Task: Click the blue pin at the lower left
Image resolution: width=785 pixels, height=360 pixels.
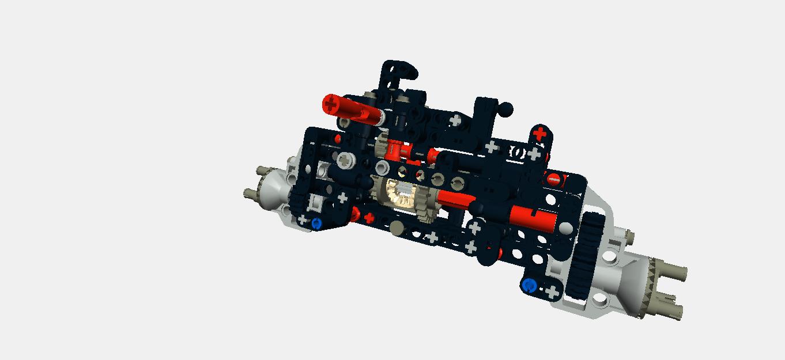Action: [316, 223]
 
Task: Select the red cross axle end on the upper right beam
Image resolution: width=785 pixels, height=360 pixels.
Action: [539, 134]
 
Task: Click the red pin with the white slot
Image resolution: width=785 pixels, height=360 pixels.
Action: [553, 179]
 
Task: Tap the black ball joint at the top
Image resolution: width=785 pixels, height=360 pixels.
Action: [505, 108]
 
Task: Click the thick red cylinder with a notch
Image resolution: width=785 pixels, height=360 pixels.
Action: [533, 218]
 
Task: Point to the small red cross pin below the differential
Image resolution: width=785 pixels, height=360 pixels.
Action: [369, 218]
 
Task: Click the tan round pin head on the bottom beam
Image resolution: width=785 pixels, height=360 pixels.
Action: [396, 229]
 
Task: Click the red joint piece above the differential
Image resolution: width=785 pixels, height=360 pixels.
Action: [395, 149]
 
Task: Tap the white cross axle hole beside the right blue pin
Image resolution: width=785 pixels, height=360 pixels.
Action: [552, 291]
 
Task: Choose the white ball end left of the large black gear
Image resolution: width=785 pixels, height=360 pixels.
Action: [567, 229]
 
